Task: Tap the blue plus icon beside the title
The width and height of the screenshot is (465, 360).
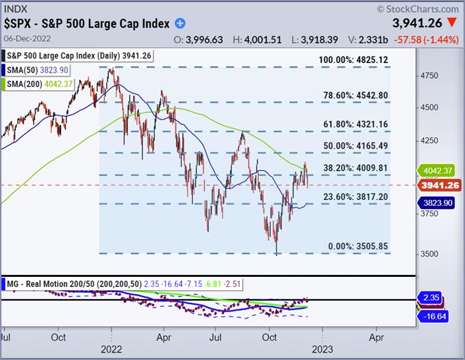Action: click(180, 23)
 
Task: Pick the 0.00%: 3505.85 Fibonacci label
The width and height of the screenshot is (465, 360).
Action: click(359, 246)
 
